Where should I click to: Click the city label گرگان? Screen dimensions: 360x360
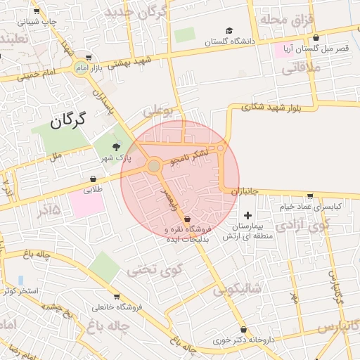[67, 121]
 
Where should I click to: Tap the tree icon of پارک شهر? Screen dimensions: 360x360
[116, 146]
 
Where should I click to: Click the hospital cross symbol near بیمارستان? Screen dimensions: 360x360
[247, 214]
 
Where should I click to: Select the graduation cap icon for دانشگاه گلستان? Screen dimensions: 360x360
[229, 30]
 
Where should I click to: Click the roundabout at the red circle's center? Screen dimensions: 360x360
[154, 166]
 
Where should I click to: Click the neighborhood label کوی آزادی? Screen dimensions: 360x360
[302, 225]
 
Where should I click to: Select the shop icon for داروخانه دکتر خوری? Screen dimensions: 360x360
[243, 329]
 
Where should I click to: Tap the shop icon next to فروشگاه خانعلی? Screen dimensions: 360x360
[117, 296]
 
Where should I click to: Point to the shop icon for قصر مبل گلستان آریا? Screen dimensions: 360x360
[316, 38]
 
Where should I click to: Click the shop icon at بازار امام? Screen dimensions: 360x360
[88, 58]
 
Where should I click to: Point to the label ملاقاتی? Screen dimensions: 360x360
[304, 68]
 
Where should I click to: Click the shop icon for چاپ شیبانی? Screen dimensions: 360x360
[36, 11]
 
